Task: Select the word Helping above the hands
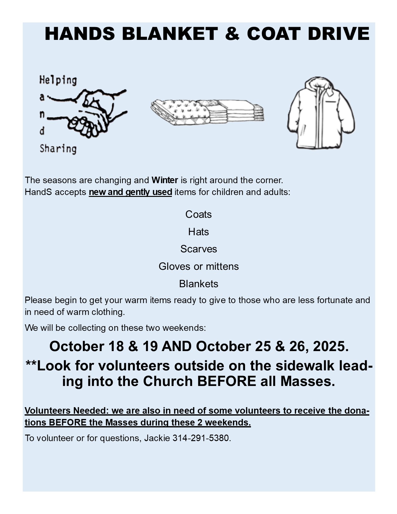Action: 58,80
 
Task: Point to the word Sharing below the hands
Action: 58,149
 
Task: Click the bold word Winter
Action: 165,180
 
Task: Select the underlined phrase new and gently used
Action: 130,192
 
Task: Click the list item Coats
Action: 198,214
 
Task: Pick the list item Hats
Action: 198,232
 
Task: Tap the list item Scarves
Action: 198,249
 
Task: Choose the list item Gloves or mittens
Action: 198,266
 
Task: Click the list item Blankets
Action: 198,284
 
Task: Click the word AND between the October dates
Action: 177,346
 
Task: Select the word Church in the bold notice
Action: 168,381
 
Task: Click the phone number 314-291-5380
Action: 201,438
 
